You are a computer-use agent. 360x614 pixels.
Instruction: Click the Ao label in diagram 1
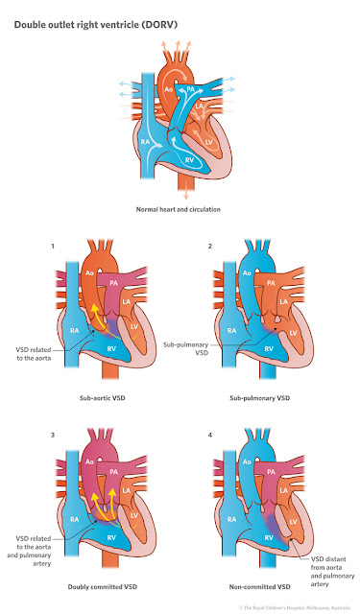click(x=90, y=272)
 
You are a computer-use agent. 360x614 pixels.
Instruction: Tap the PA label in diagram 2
click(x=275, y=284)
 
